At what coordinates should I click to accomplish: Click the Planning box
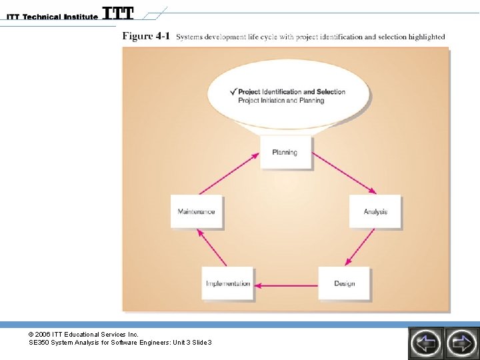285,153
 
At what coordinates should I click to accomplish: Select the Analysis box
375,211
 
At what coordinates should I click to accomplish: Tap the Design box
344,283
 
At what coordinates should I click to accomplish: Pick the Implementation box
228,283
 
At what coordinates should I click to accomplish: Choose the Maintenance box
196,211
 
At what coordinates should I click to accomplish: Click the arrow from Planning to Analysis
344,173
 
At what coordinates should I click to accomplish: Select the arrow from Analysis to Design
361,247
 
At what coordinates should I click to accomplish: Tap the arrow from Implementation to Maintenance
210,248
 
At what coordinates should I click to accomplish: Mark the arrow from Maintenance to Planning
227,175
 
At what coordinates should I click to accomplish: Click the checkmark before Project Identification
233,91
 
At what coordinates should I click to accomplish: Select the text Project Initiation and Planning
281,101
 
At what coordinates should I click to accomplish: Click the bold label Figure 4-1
146,36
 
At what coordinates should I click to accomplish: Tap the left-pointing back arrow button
425,343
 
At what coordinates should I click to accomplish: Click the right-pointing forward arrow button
461,343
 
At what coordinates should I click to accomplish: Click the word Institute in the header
81,17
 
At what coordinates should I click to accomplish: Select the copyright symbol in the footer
31,333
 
